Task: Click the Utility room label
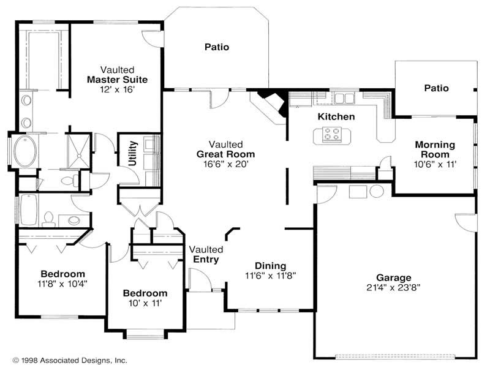132,153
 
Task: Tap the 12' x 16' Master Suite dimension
118,89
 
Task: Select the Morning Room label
435,149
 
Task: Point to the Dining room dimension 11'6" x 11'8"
270,276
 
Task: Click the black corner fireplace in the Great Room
271,100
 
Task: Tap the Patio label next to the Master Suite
217,47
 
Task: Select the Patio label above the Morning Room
436,88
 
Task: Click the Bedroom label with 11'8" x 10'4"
62,273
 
